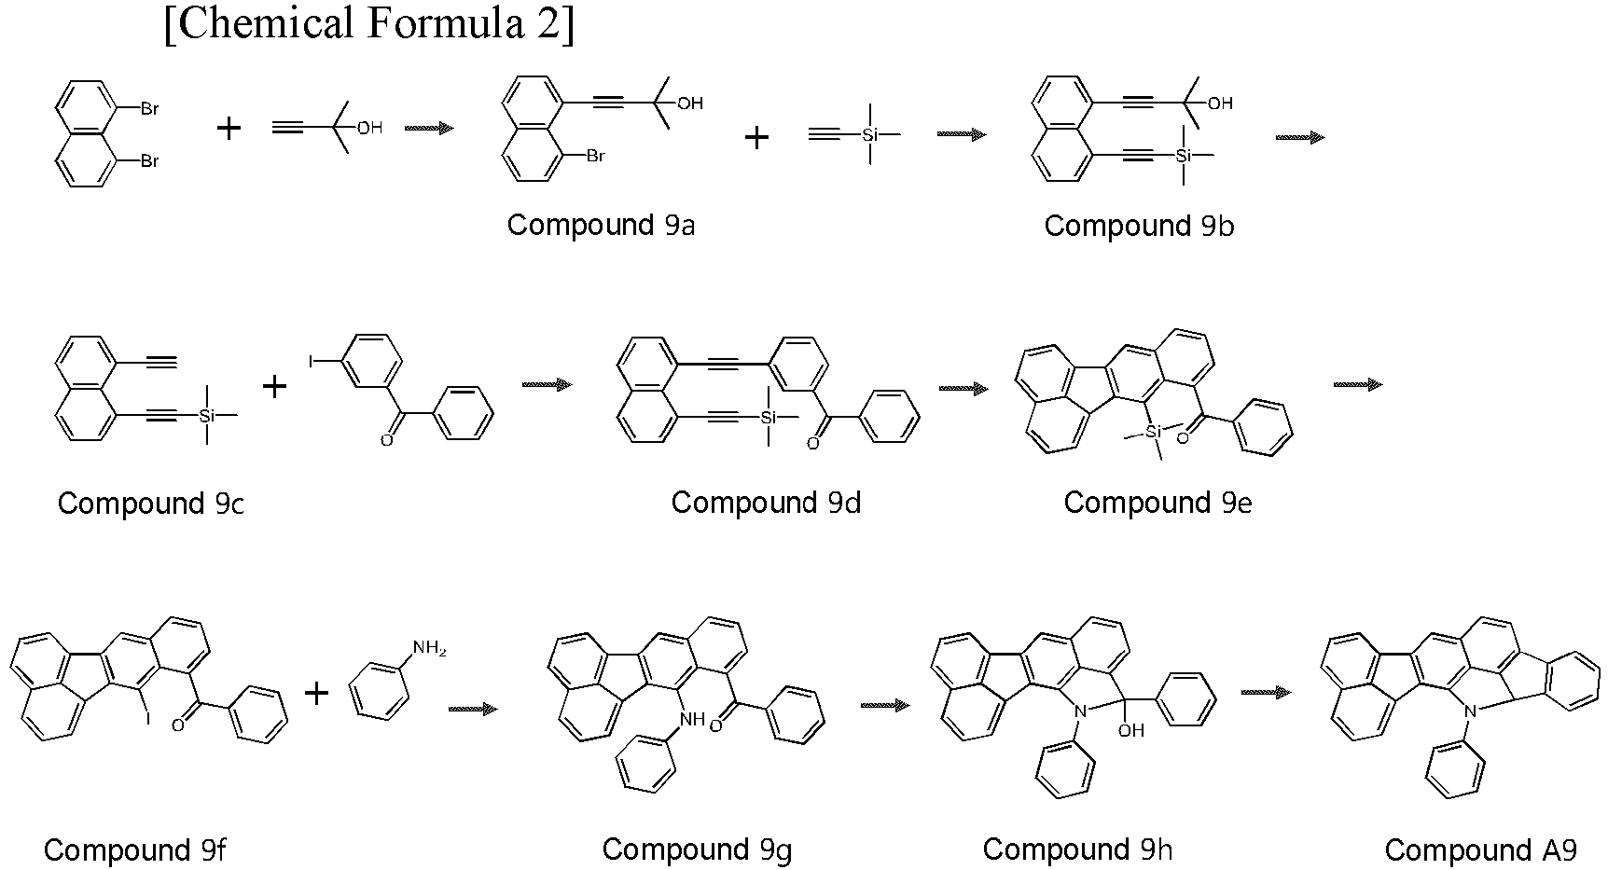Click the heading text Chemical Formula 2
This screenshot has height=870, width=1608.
369,23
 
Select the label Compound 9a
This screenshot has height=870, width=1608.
601,226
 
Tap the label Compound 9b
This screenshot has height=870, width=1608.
1139,227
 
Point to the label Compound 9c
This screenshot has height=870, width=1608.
151,504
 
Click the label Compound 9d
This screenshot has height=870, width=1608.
766,503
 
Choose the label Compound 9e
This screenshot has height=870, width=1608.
1157,503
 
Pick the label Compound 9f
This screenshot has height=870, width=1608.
134,850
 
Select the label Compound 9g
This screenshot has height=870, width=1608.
697,849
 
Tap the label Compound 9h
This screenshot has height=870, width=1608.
1077,849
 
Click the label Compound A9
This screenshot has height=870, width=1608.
1480,850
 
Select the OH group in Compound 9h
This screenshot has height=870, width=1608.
1130,731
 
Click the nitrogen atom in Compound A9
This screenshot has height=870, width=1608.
1470,713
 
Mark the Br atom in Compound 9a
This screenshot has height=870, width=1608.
595,157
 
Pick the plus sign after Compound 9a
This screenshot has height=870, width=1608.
756,138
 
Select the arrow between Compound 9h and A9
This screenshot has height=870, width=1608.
1267,692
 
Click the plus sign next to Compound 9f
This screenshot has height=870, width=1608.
317,693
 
